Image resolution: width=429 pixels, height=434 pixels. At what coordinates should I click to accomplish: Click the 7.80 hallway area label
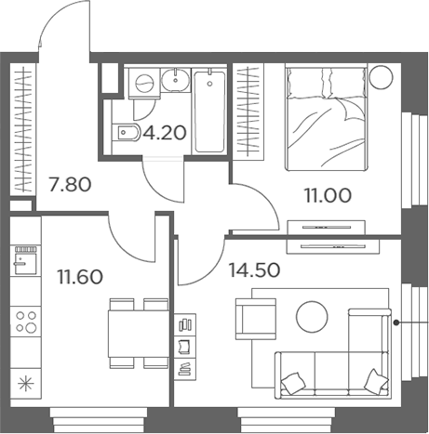70,185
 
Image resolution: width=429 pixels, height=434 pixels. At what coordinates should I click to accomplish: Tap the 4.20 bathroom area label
165,133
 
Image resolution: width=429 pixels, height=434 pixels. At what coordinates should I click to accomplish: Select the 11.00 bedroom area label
328,195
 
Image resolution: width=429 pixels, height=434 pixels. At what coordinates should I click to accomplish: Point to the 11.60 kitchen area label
80,277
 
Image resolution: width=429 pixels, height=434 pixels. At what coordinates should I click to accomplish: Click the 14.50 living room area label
254,270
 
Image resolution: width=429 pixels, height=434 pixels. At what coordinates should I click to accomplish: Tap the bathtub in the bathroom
209,111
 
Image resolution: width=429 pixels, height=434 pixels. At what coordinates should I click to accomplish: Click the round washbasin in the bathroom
176,80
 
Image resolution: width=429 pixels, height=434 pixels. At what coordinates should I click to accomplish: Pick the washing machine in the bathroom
144,83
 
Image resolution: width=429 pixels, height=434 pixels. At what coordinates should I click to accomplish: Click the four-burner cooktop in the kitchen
26,322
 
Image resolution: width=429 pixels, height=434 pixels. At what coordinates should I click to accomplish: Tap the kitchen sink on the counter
26,260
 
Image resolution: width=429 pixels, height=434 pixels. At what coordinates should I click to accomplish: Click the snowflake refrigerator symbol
26,384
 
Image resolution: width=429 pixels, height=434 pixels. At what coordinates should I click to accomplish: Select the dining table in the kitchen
139,334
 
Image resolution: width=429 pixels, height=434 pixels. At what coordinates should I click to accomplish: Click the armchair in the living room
256,319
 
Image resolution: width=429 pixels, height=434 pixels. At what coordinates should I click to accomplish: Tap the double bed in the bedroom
326,118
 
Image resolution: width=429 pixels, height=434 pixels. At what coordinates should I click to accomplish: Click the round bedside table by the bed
382,77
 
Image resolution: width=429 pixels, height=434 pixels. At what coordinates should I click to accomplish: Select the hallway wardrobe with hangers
23,129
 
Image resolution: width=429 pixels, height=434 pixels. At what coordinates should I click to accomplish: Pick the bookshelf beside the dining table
185,347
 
